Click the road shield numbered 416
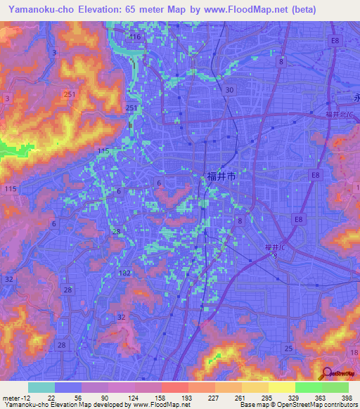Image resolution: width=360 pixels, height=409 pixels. click(x=135, y=37)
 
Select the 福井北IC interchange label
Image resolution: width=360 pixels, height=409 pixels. click(x=339, y=114)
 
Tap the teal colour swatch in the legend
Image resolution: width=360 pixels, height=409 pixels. click(x=41, y=387)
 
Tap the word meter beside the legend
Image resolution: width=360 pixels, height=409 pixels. click(x=10, y=398)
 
